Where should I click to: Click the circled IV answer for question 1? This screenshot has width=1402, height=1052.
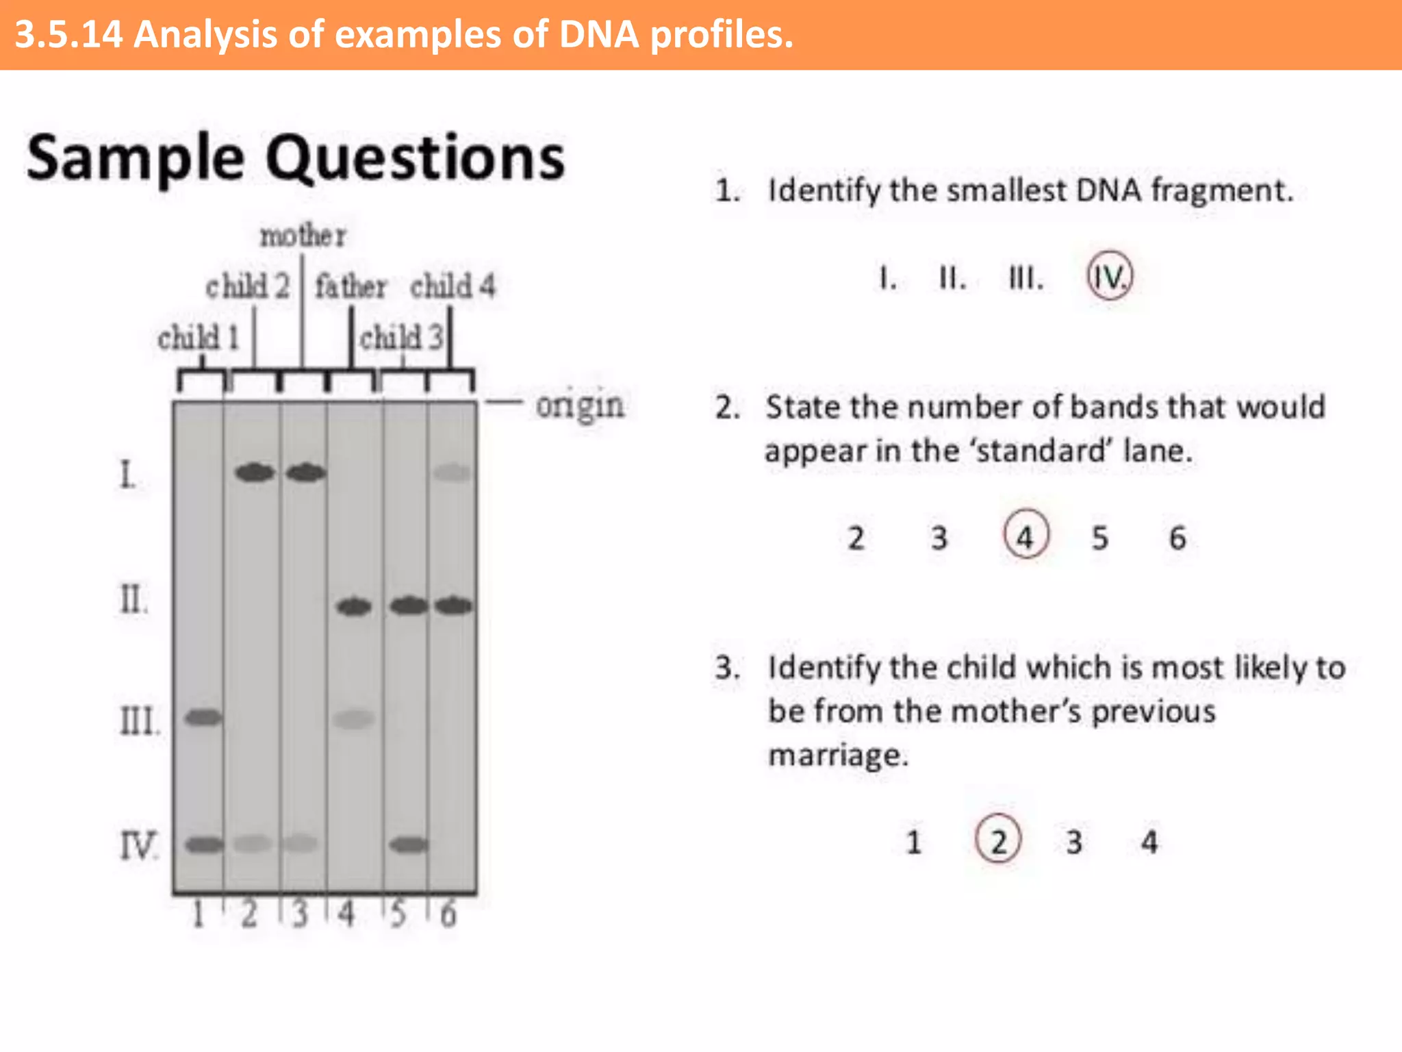pyautogui.click(x=1110, y=277)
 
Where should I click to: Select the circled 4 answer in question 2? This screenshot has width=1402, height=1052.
pyautogui.click(x=1025, y=536)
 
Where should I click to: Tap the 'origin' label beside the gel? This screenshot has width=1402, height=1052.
pyautogui.click(x=579, y=405)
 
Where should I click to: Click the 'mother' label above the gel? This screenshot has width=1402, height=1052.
pyautogui.click(x=303, y=236)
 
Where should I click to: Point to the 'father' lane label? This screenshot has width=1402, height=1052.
pyautogui.click(x=350, y=286)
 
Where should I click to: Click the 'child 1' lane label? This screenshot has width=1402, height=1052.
pyautogui.click(x=198, y=338)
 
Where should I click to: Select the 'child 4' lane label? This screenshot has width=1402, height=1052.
pyautogui.click(x=453, y=286)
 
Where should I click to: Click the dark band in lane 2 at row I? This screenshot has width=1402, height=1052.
pyautogui.click(x=255, y=473)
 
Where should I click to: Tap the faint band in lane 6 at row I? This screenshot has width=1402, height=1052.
pyautogui.click(x=453, y=473)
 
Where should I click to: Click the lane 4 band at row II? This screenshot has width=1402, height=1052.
pyautogui.click(x=354, y=607)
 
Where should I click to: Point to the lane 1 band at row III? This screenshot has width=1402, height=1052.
pyautogui.click(x=204, y=718)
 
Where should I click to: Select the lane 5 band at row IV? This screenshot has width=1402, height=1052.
pyautogui.click(x=409, y=844)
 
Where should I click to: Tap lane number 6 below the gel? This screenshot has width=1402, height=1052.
pyautogui.click(x=448, y=914)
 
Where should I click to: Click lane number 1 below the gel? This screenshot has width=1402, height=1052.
pyautogui.click(x=199, y=914)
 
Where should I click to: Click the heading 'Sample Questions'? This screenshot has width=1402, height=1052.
pyautogui.click(x=296, y=158)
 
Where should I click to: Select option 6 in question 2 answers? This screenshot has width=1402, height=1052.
pyautogui.click(x=1177, y=538)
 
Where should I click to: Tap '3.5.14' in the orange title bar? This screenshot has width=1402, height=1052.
pyautogui.click(x=68, y=34)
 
